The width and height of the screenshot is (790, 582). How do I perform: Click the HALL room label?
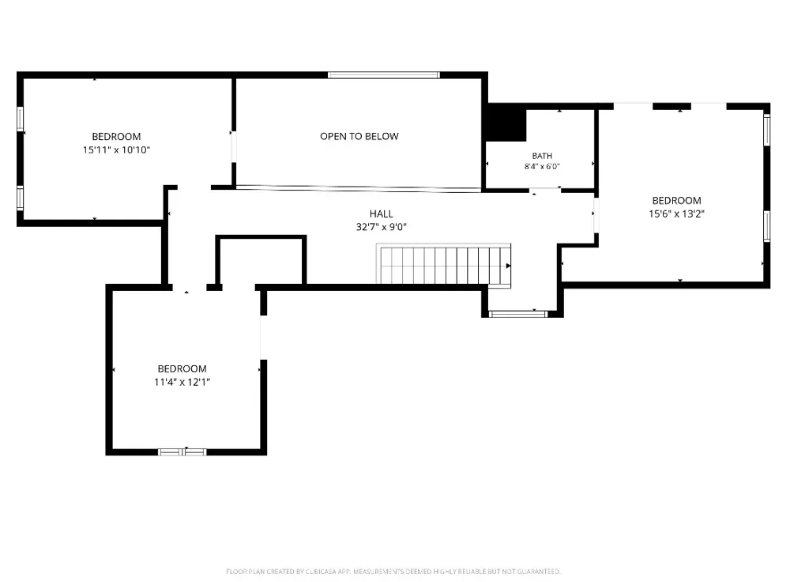(x=382, y=214)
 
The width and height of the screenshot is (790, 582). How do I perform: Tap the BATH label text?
(x=542, y=156)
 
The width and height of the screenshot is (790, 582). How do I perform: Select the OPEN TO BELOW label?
(x=359, y=136)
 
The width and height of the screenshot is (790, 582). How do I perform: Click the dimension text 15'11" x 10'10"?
(x=116, y=149)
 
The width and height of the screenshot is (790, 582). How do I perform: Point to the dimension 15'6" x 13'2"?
(x=677, y=214)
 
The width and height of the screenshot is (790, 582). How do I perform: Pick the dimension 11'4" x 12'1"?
(x=182, y=382)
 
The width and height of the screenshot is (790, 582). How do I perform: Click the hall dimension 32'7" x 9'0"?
(x=382, y=227)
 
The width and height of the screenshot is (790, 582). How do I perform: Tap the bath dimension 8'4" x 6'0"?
(x=542, y=166)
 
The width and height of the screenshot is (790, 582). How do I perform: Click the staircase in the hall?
(x=444, y=265)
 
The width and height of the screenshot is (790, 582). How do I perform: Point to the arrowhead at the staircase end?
(x=508, y=266)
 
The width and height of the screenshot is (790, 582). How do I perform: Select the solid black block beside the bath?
(x=506, y=123)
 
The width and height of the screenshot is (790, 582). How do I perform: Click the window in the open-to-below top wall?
(x=384, y=75)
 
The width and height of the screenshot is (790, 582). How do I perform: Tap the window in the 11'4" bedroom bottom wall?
(x=182, y=452)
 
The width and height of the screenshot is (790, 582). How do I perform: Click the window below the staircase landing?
(x=518, y=314)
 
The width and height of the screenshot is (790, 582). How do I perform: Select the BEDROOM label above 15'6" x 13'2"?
(x=677, y=201)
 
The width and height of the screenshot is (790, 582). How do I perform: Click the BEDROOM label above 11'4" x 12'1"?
(x=182, y=369)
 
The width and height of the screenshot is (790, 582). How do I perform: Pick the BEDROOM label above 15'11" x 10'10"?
(x=116, y=137)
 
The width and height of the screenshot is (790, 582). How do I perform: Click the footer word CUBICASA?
(x=321, y=572)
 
